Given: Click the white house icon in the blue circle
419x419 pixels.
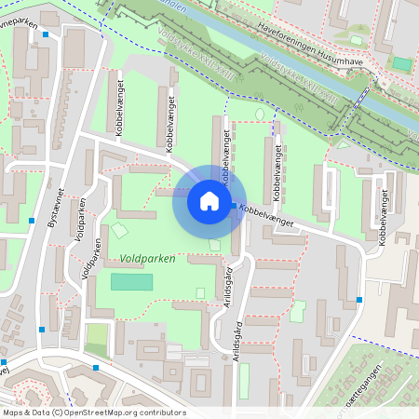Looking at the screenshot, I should coord(209,201).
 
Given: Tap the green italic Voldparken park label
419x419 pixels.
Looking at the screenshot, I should coord(147,258).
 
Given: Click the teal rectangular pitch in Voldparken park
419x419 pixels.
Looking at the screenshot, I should coord(131,281).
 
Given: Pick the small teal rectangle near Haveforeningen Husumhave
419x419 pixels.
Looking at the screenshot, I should coord(401,63).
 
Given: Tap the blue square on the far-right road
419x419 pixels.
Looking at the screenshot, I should coord(359,300).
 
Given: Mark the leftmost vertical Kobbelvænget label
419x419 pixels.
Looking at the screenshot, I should coord(119,109).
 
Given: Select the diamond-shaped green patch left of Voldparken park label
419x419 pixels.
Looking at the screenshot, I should coord(120,230).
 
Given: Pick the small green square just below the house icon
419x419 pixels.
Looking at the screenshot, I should coord(216,245).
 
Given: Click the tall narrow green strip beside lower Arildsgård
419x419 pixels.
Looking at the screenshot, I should coord(244,380).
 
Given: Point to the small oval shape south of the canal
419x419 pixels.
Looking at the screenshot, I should coord(259,115).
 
